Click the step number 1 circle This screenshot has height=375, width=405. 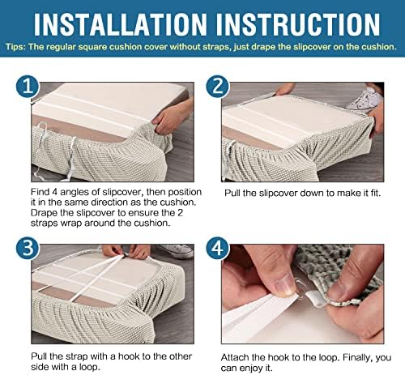[x=28, y=87]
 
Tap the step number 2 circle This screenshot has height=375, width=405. [x=218, y=87]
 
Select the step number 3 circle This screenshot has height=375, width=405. [x=28, y=249]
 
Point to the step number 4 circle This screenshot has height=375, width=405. [x=218, y=249]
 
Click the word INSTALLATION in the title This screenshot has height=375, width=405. [x=120, y=24]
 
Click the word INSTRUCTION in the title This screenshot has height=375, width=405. [x=298, y=24]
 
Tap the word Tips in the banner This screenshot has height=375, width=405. [x=15, y=47]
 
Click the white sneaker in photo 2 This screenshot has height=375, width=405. [x=365, y=100]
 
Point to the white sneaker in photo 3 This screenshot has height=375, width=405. [x=176, y=251]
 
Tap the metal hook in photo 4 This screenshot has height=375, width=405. [x=297, y=287]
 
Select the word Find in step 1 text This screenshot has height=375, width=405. [x=40, y=192]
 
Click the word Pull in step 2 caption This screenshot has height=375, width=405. [x=232, y=194]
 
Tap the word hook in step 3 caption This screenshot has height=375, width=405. [x=129, y=356]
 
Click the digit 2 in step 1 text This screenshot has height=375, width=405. [x=180, y=213]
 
